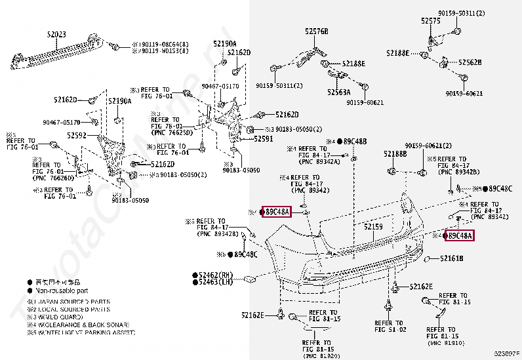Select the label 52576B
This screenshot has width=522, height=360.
pyautogui.click(x=316, y=31)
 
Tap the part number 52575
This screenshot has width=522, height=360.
pyautogui.click(x=431, y=22)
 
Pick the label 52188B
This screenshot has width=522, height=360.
pyautogui.click(x=395, y=153)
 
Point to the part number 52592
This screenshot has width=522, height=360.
pyautogui.click(x=77, y=134)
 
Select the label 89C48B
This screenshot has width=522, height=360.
pyautogui.click(x=354, y=141)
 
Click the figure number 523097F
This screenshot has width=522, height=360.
pyautogui.click(x=506, y=354)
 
